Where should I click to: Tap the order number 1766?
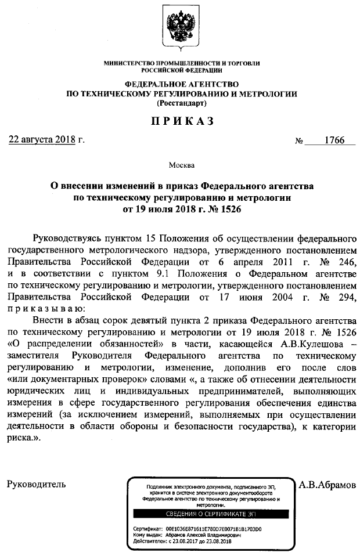pos(334,140)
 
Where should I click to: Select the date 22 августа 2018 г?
pos(46,140)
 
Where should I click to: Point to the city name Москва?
pos(182,166)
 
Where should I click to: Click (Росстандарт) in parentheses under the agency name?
pos(182,103)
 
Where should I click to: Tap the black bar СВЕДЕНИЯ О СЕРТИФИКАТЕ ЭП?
pos(210,514)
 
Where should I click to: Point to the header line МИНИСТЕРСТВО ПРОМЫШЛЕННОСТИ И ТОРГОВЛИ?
pos(182,63)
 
